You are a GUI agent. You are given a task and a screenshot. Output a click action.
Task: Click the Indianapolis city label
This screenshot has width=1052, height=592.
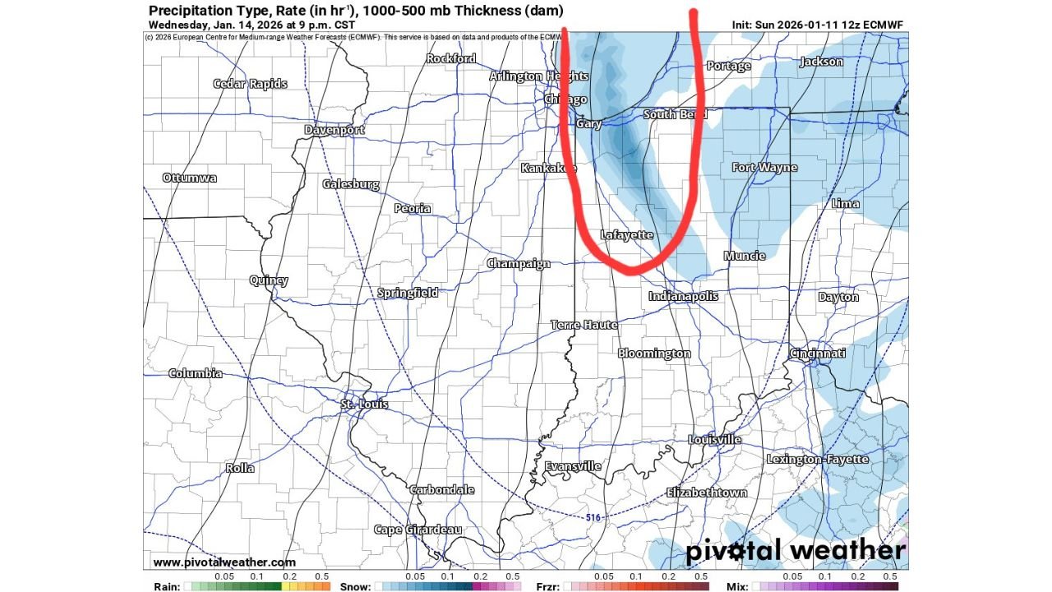pyautogui.click(x=683, y=296)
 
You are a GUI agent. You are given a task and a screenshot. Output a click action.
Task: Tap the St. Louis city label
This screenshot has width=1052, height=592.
pyautogui.click(x=365, y=404)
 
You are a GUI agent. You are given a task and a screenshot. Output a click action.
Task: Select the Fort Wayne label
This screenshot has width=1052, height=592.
pyautogui.click(x=764, y=168)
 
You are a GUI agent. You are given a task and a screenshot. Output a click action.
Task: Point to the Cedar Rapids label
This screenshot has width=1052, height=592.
pyautogui.click(x=250, y=84)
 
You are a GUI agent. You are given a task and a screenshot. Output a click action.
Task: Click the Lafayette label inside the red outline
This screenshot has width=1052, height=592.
pyautogui.click(x=626, y=235)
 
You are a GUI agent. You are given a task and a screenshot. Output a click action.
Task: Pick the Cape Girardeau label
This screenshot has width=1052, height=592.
pyautogui.click(x=418, y=530)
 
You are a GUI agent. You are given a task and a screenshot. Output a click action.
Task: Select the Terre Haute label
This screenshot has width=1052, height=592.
pyautogui.click(x=584, y=325)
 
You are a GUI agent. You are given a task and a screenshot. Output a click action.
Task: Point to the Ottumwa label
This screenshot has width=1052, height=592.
pyautogui.click(x=190, y=178)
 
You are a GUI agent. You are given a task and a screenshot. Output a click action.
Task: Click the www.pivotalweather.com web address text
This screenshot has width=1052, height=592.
pyautogui.click(x=224, y=562)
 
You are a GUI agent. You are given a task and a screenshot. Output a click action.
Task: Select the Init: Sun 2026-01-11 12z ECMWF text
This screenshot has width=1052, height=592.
pyautogui.click(x=817, y=25)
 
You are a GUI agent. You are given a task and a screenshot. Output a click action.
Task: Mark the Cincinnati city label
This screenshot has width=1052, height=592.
pyautogui.click(x=818, y=354)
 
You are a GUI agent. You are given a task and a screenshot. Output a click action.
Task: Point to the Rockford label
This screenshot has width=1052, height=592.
pyautogui.click(x=450, y=58)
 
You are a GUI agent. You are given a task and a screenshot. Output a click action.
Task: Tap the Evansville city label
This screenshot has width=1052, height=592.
pyautogui.click(x=573, y=466)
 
